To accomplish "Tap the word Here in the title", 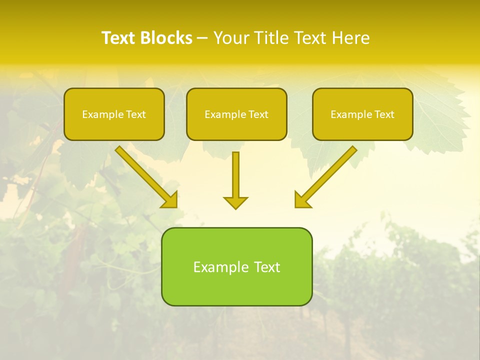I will pos(350,38).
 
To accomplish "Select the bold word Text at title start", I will pos(118,38).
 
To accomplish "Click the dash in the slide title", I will pos(202,38).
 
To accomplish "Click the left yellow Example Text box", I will pos(114,114).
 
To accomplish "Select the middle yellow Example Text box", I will pos(236,114).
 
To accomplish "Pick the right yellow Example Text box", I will pos(362,114).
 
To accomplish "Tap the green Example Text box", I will pos(236,266).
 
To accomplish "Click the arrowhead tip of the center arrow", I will pos(235,207).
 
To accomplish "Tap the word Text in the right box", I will pos(384,114).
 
